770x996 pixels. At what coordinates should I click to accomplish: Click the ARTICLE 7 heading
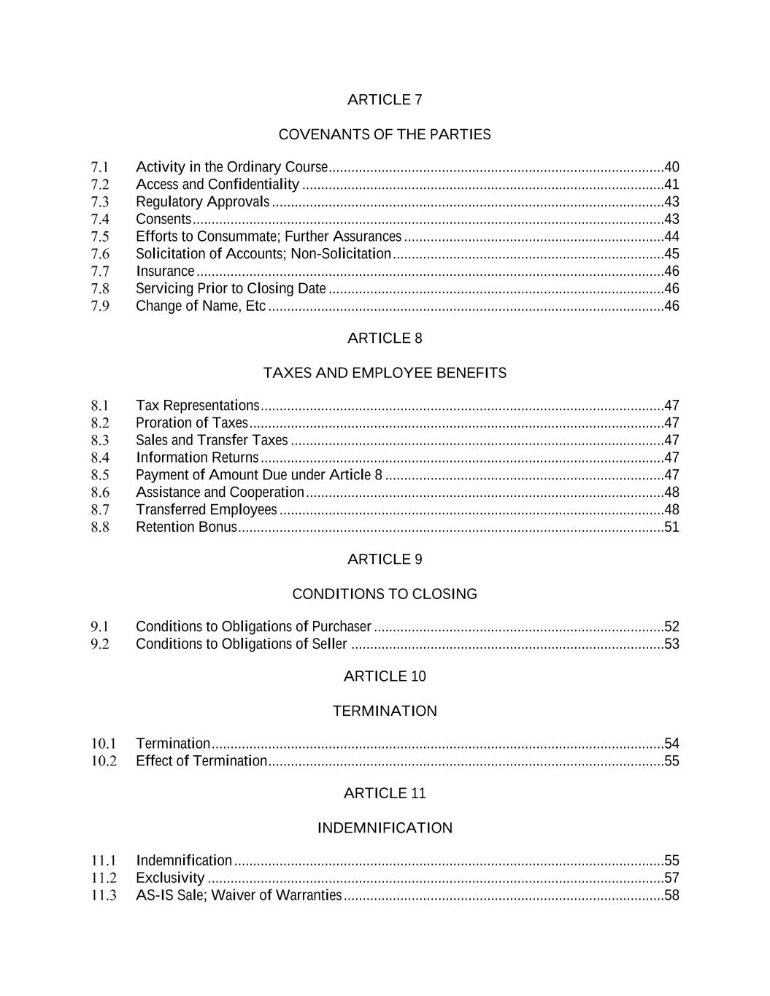(x=385, y=100)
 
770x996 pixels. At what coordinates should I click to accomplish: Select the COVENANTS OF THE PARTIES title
(x=385, y=135)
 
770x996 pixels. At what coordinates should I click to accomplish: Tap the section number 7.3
(x=100, y=202)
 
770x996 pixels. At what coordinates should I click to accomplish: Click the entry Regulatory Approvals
(x=202, y=202)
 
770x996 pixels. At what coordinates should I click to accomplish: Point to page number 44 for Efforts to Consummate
(x=671, y=236)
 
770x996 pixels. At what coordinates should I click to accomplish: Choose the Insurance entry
(x=165, y=271)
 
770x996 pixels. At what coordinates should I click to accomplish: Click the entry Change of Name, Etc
(x=201, y=306)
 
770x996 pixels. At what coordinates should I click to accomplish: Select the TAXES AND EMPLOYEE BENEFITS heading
(x=385, y=374)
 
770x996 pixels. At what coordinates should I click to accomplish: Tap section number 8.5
(x=100, y=475)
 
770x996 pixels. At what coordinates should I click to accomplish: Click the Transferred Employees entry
(x=207, y=510)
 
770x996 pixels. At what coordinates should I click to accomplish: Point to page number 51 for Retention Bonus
(x=671, y=528)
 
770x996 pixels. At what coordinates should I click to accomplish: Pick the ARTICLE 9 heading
(x=385, y=560)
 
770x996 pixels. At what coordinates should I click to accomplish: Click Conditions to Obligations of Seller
(x=242, y=644)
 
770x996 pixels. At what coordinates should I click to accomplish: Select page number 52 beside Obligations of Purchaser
(x=671, y=627)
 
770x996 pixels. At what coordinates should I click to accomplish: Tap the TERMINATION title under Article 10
(x=385, y=711)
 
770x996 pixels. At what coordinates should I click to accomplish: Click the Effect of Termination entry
(x=201, y=761)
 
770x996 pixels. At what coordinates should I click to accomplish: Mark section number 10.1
(x=104, y=744)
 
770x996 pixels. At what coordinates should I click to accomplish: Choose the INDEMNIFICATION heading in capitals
(x=385, y=828)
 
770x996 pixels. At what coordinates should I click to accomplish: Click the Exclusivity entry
(x=170, y=878)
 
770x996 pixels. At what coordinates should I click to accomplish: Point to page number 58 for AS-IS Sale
(x=671, y=895)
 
